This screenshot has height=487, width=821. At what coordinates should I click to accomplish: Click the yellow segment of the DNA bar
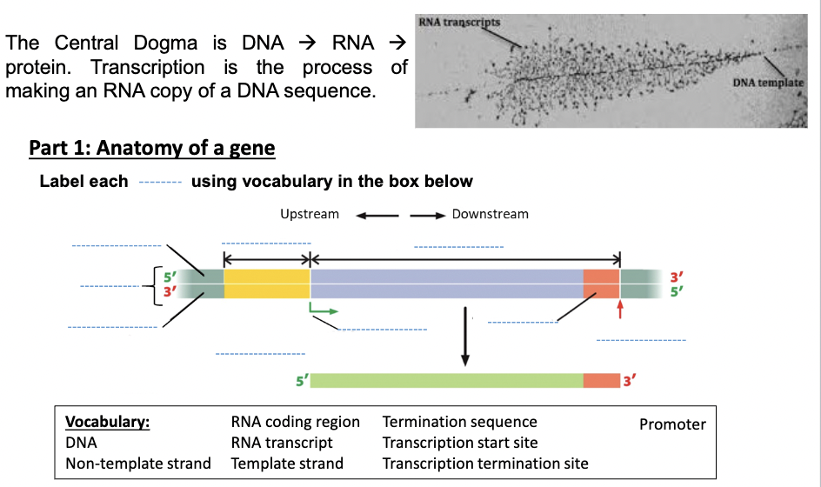[267, 284]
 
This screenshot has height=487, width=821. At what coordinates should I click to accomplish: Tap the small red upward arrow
[619, 309]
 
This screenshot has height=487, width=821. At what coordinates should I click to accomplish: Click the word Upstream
[310, 214]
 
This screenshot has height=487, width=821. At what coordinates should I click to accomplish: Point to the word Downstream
[490, 214]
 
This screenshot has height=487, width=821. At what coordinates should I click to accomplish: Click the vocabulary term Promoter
[672, 424]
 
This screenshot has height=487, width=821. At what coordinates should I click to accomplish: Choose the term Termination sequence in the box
[459, 422]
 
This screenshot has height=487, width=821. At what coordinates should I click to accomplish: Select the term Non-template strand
[138, 464]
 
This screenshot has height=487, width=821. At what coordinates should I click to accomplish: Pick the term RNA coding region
[295, 422]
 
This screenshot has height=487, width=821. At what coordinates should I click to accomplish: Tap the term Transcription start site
[460, 443]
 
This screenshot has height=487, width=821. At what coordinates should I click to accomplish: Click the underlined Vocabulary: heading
[108, 422]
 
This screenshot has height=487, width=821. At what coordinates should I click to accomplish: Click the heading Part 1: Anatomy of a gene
[152, 148]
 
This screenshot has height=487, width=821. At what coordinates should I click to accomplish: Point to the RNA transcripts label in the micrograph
[459, 21]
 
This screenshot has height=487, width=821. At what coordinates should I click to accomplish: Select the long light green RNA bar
[446, 381]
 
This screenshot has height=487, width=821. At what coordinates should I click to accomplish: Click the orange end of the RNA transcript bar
[601, 381]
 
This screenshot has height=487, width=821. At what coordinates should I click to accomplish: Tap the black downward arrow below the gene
[465, 335]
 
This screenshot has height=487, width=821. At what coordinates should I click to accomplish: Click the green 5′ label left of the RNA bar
[302, 381]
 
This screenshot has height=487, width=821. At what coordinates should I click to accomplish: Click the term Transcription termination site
[485, 464]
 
